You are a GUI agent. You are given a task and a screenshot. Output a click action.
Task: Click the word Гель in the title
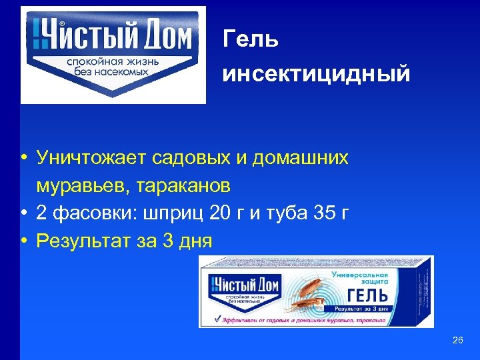click(251, 39)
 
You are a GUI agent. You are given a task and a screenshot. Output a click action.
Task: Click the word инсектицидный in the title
click(316, 73)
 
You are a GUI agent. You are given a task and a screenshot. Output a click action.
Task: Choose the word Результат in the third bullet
click(85, 241)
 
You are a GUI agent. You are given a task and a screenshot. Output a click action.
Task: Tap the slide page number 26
click(457, 341)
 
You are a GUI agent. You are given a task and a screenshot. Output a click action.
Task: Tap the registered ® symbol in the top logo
click(61, 24)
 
